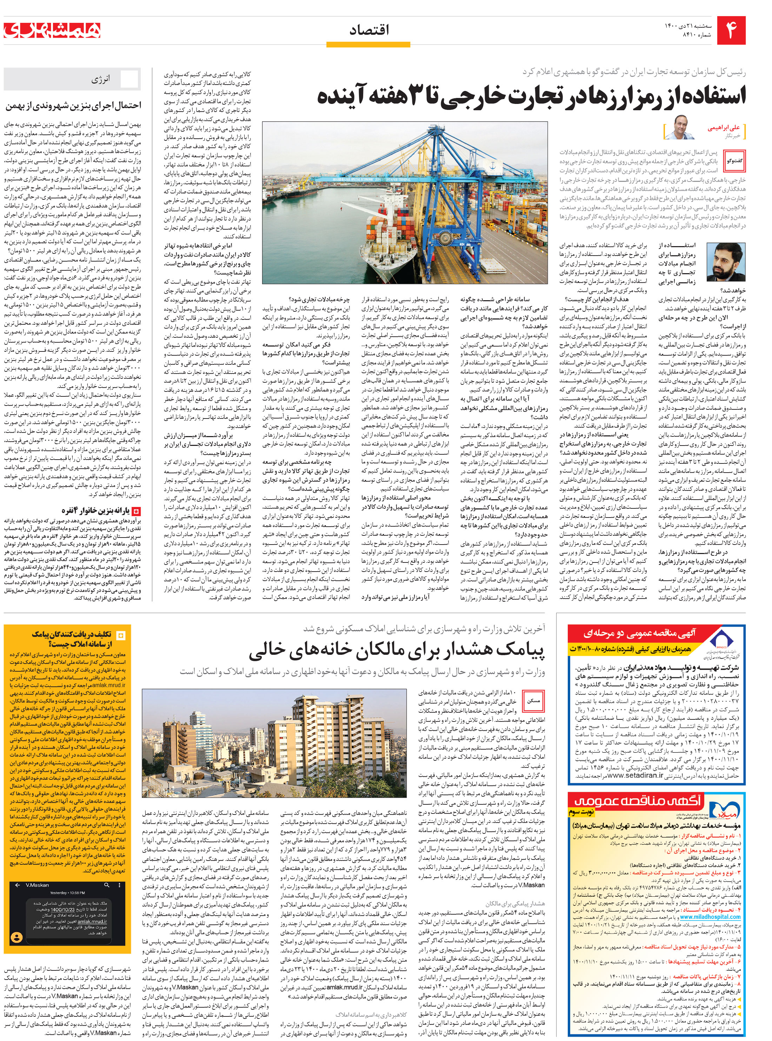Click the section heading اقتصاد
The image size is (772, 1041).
[369, 31]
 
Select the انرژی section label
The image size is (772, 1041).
[100, 79]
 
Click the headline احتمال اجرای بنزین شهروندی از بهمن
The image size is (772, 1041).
[73, 106]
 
